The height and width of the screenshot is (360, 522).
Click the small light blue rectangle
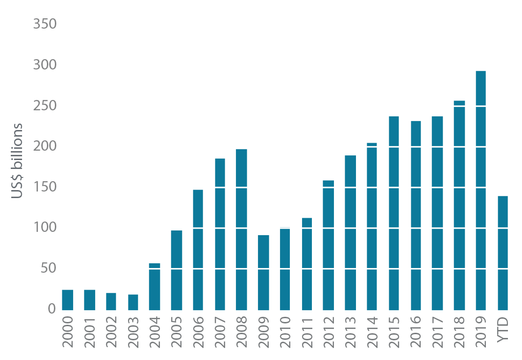pos(285,218)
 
